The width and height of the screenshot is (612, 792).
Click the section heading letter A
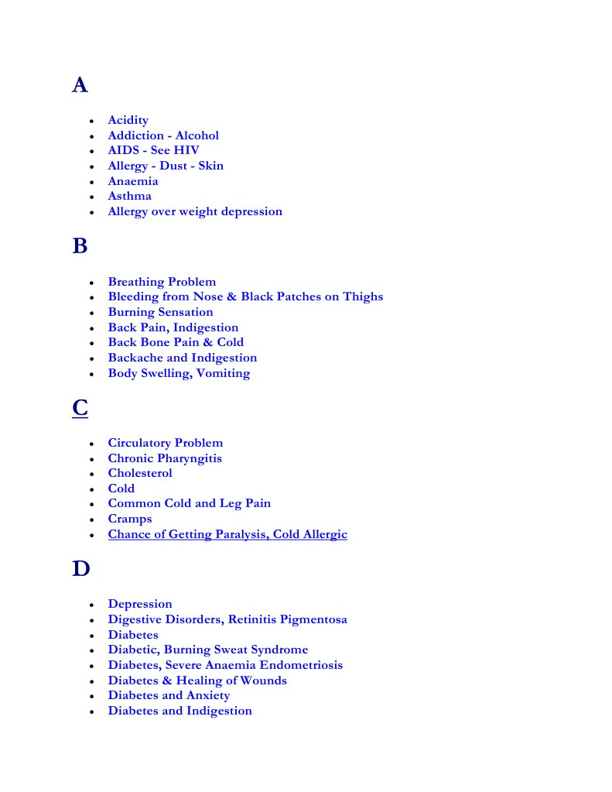pos(80,85)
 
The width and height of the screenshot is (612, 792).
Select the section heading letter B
pos(80,246)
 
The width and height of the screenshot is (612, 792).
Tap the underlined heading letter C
pos(80,408)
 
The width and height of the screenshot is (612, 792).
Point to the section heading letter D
pos(80,569)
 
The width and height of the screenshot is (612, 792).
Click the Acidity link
pos(128,120)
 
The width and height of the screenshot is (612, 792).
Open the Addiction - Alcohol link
pos(162,135)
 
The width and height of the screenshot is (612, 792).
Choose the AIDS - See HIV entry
pos(153,150)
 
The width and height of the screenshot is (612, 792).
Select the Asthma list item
pos(129,196)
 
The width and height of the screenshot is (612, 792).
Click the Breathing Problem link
pos(162,282)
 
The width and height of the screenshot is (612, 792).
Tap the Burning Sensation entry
pos(160,312)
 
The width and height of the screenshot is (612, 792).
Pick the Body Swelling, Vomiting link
pos(179,373)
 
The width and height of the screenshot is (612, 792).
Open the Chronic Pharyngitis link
pos(165,458)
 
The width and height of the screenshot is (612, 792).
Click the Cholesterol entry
pos(140,473)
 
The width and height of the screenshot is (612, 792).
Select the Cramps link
pos(130,519)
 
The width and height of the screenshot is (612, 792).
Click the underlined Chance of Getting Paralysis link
pos(227,534)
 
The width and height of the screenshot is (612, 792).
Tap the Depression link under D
pos(140,604)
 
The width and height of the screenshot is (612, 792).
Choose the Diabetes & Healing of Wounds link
pos(197,681)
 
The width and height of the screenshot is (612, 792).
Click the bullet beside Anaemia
pos(92,182)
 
